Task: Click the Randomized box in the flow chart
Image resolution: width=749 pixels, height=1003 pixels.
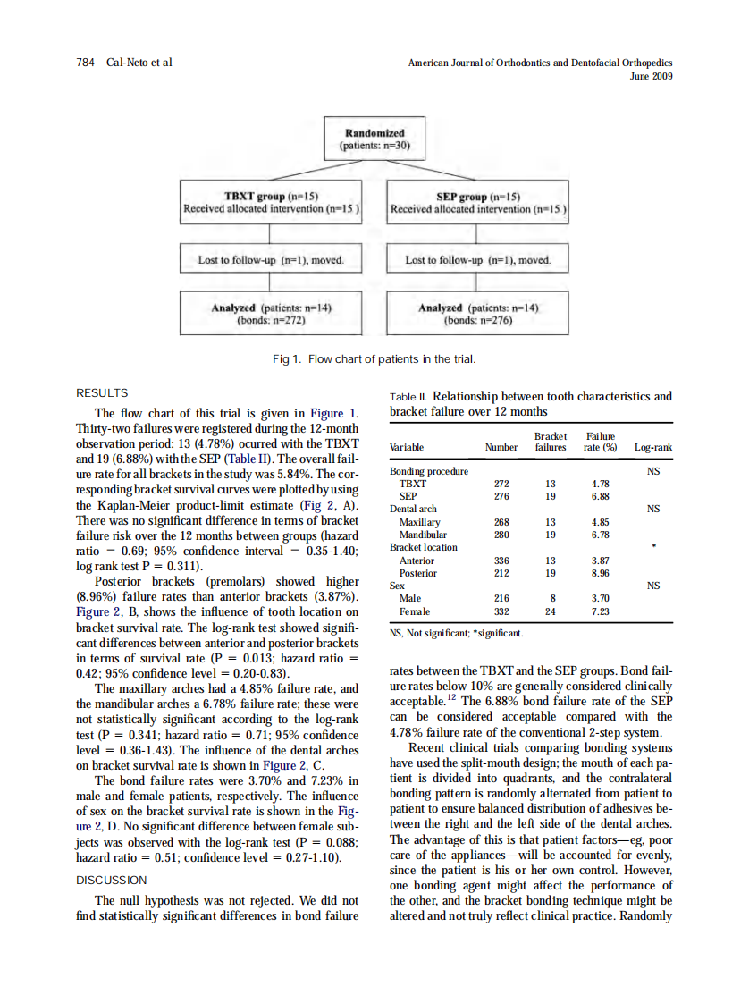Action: click(374, 139)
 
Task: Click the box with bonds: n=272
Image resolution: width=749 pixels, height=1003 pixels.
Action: click(271, 314)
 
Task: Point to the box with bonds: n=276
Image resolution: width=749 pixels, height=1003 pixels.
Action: click(478, 314)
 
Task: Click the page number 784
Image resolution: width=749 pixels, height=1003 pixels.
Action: click(87, 63)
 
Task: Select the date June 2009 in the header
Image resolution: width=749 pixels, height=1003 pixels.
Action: click(652, 76)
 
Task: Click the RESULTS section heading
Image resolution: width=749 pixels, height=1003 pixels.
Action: click(103, 393)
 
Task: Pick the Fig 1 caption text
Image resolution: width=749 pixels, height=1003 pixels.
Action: click(373, 359)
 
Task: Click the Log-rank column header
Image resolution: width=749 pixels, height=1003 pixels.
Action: click(653, 447)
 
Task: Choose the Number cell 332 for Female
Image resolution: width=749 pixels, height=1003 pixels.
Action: click(501, 611)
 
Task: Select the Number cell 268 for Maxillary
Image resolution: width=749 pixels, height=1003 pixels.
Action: click(501, 522)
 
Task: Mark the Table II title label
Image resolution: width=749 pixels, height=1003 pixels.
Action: click(409, 397)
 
